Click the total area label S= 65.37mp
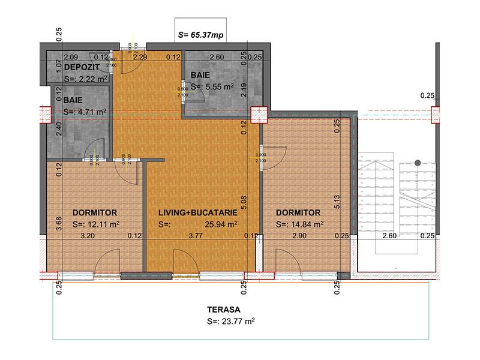tap(200, 35)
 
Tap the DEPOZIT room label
tap(82, 67)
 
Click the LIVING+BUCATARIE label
tap(198, 213)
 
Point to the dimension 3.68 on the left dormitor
tap(59, 223)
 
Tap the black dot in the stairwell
tap(418, 162)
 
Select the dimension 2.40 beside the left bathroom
tap(59, 129)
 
